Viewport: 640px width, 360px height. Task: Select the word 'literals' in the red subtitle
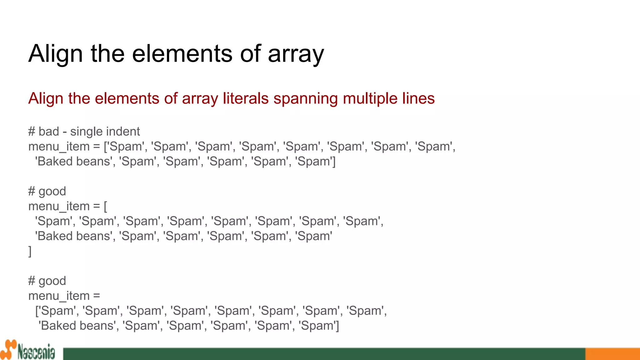pyautogui.click(x=246, y=98)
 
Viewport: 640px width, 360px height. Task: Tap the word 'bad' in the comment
pyautogui.click(x=49, y=132)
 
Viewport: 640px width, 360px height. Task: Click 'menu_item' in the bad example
pyautogui.click(x=59, y=147)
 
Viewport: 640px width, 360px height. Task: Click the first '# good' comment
pyautogui.click(x=47, y=191)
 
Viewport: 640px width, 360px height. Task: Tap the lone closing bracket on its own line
pyautogui.click(x=30, y=251)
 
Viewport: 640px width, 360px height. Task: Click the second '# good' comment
pyautogui.click(x=47, y=281)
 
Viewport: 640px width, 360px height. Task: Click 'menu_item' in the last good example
pyautogui.click(x=59, y=296)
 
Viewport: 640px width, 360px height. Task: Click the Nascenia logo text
pyautogui.click(x=36, y=352)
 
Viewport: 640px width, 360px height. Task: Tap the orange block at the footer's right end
pyautogui.click(x=612, y=354)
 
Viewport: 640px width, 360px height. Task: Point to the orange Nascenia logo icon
pyautogui.click(x=8, y=349)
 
